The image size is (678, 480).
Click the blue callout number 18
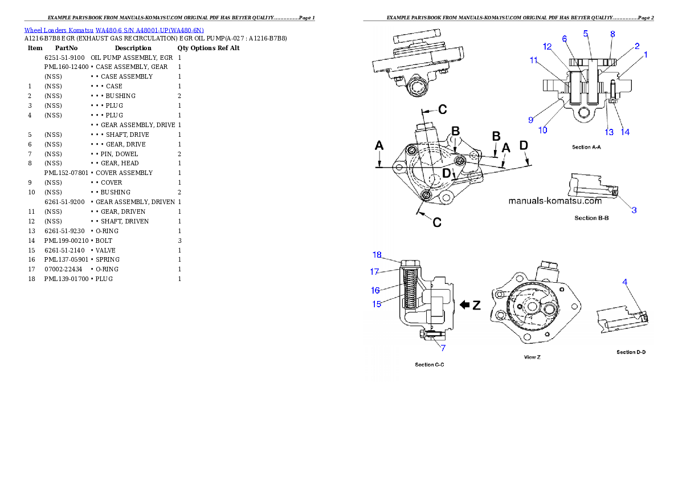coord(377,255)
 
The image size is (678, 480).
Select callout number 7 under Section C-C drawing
coord(443,348)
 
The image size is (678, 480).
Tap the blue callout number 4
coord(625,281)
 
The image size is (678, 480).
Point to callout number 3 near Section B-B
coord(634,210)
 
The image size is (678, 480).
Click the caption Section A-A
coord(587,147)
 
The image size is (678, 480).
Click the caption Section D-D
coord(631,352)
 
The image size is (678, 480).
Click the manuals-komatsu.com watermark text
coord(554,201)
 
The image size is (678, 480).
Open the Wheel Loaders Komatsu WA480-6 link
coord(114,30)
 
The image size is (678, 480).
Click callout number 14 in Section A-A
coord(626,132)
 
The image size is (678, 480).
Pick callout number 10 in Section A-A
coord(542,130)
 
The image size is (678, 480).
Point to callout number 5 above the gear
coord(586,34)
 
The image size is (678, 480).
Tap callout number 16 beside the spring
coord(375,290)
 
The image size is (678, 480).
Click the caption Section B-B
coord(591,218)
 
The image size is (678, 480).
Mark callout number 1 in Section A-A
coord(646,55)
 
